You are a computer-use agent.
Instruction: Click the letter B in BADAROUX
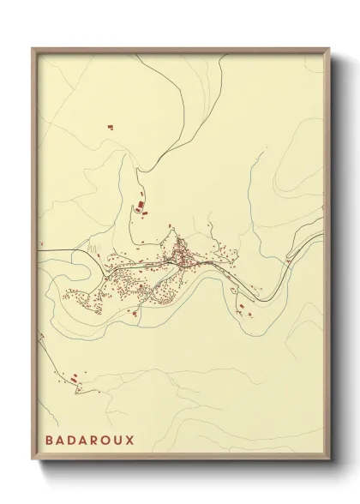[x=51, y=440]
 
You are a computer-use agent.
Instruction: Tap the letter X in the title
[x=129, y=440]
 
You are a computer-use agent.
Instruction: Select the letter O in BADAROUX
[x=105, y=440]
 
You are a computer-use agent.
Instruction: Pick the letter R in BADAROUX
[x=94, y=440]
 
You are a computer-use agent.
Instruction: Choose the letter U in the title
[x=117, y=440]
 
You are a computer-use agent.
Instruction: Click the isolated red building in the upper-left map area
[x=110, y=128]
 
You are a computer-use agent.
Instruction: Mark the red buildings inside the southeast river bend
[x=245, y=309]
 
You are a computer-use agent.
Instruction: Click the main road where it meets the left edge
[x=41, y=250]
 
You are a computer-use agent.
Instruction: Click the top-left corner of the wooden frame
[x=33, y=49]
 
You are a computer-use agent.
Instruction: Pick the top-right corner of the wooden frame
[x=329, y=49]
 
